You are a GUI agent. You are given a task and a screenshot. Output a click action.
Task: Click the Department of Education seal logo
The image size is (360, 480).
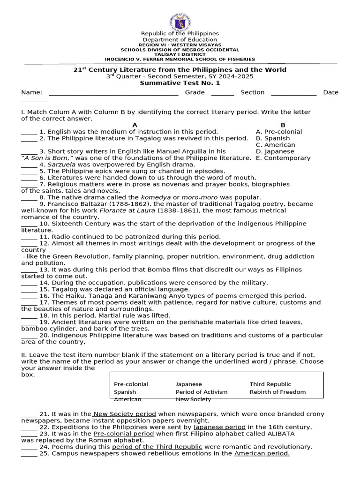pos(180,20)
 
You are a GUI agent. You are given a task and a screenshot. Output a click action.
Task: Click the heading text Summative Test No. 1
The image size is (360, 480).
pos(180,83)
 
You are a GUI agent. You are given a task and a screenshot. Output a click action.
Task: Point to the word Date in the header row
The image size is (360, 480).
pos(330,92)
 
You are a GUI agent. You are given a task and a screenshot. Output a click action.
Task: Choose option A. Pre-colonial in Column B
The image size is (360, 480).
pos(279,132)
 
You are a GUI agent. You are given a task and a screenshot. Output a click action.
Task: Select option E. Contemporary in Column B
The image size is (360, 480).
pos(283,158)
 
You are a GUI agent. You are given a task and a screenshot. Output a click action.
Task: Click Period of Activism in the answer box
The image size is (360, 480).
pos(201,392)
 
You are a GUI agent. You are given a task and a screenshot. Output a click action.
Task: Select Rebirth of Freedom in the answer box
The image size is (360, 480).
pos(277,392)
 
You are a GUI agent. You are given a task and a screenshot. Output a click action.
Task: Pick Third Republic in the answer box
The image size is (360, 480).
pos(270,384)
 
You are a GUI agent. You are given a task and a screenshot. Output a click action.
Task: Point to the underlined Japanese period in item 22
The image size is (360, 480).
pos(219,427)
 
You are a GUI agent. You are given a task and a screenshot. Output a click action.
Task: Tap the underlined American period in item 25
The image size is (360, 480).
pos(262,454)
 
